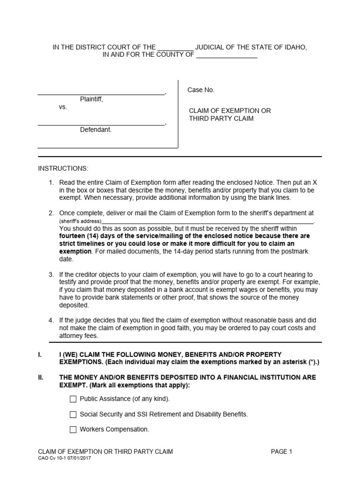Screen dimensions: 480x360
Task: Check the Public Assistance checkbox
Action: (x=73, y=399)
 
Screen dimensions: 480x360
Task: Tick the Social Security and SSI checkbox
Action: (x=73, y=414)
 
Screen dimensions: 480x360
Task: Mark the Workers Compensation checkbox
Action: (x=73, y=429)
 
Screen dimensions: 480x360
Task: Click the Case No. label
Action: (x=201, y=90)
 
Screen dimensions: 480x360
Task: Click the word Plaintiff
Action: (x=91, y=99)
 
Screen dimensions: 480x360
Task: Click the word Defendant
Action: (x=96, y=130)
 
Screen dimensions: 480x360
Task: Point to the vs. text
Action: (x=63, y=107)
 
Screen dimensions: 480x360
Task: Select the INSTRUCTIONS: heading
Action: (x=63, y=168)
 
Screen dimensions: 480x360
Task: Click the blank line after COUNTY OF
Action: (x=226, y=55)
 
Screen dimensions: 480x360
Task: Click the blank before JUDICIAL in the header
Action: (x=175, y=48)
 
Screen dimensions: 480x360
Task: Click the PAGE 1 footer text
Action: (x=281, y=452)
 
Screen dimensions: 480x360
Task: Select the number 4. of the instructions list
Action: (x=52, y=321)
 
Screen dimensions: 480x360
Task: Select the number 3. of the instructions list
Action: (x=52, y=275)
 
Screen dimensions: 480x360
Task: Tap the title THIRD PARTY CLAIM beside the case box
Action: (x=221, y=119)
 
